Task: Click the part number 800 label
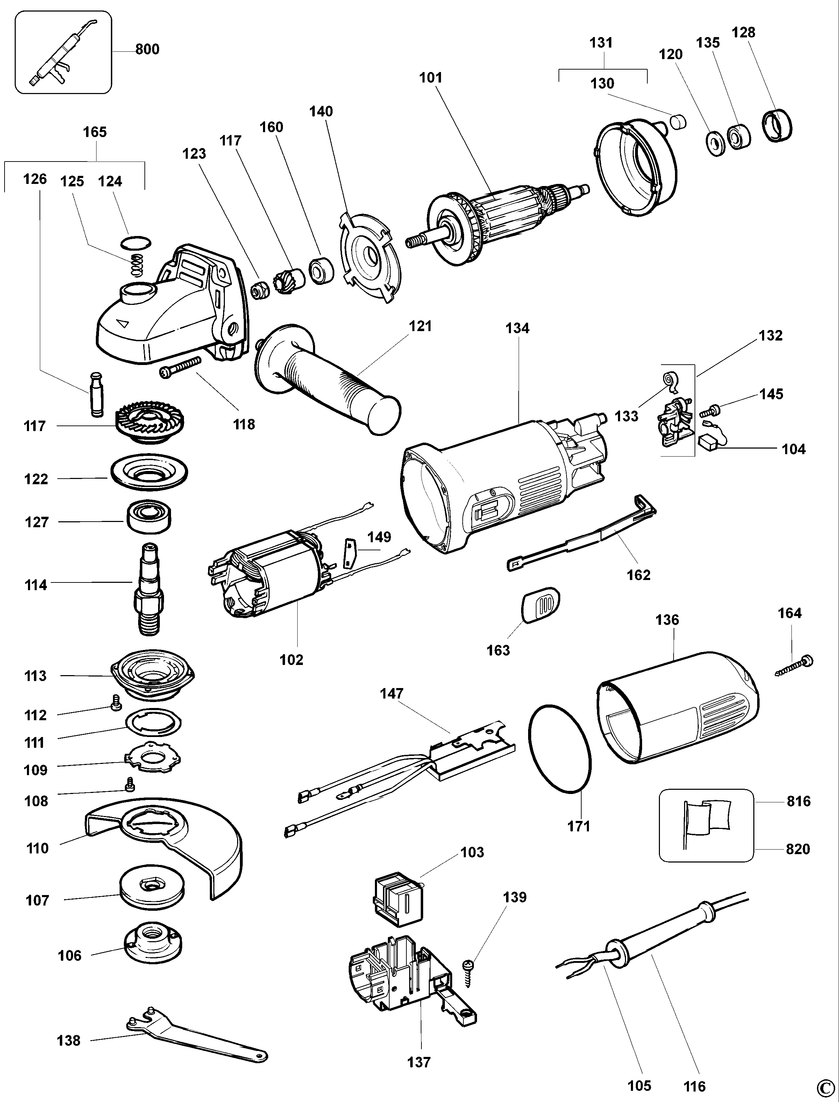(147, 49)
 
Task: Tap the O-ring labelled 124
(136, 243)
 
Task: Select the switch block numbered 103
(398, 899)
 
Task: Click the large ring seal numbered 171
(560, 749)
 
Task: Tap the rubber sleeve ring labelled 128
(777, 125)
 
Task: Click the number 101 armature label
(431, 78)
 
